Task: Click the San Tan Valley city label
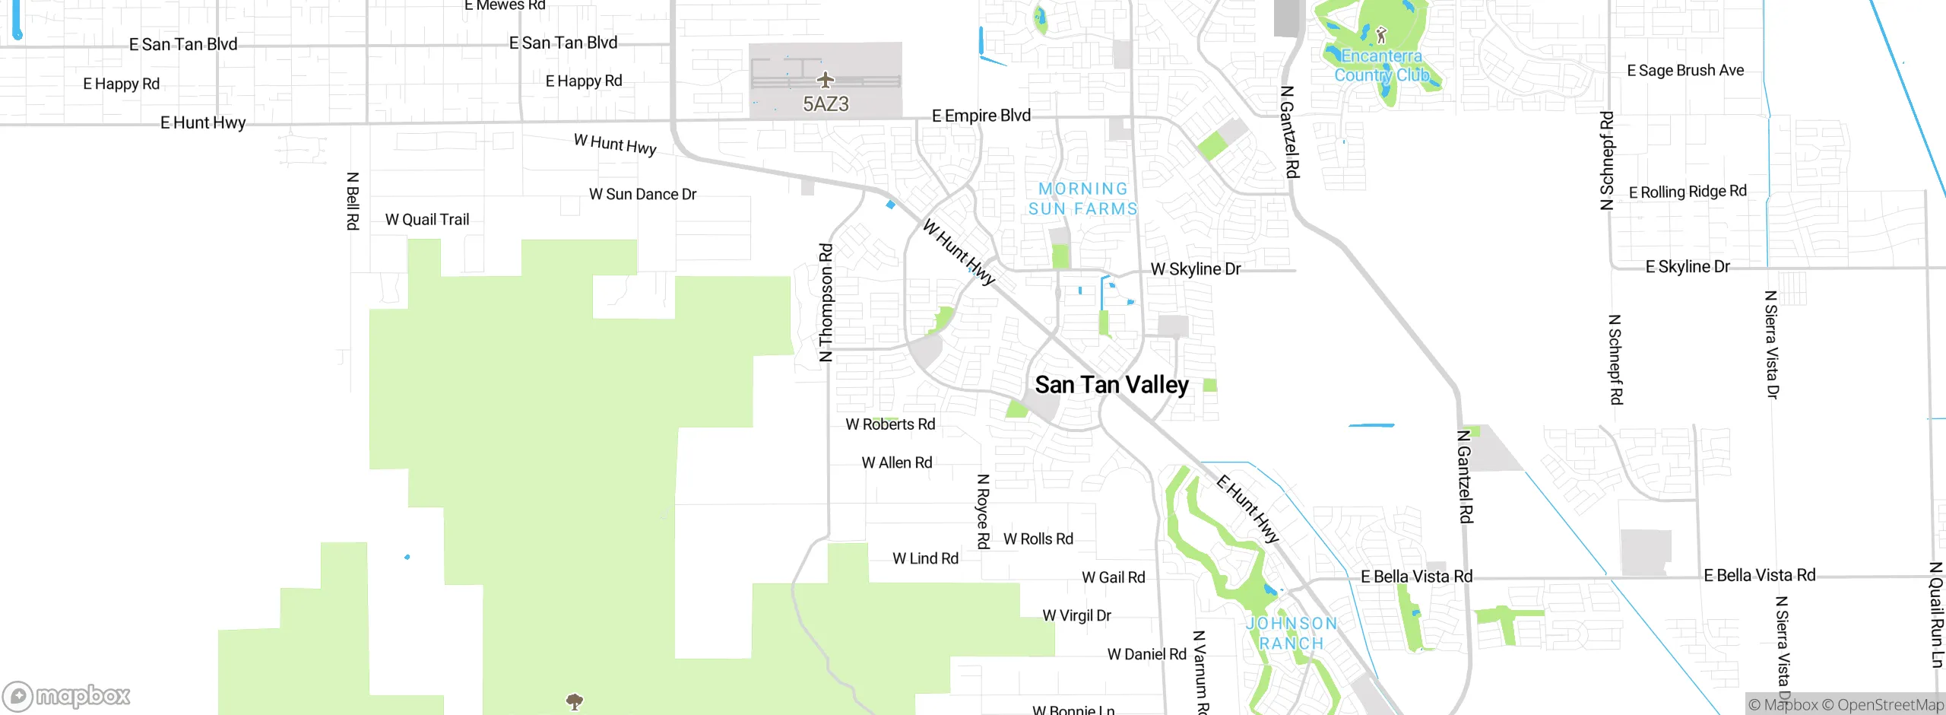click(x=1111, y=385)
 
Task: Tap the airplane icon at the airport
click(x=826, y=79)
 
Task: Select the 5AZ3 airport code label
click(x=826, y=104)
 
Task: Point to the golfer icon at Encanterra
click(x=1381, y=35)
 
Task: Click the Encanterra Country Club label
click(x=1381, y=65)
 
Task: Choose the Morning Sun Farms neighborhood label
click(x=1082, y=199)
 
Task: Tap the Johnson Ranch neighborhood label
click(x=1292, y=633)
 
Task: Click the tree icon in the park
click(x=575, y=700)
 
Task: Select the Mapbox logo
click(x=67, y=695)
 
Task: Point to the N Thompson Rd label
click(x=826, y=303)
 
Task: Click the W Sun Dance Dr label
click(x=642, y=194)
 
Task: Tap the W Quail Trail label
click(x=427, y=220)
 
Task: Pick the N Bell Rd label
click(x=353, y=201)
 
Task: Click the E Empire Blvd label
click(x=981, y=116)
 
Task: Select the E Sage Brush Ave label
click(x=1685, y=71)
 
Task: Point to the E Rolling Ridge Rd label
click(x=1688, y=192)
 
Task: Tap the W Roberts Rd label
click(x=890, y=424)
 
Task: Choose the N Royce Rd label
click(x=983, y=511)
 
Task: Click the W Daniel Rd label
click(x=1146, y=654)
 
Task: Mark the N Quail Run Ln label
click(x=1936, y=615)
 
